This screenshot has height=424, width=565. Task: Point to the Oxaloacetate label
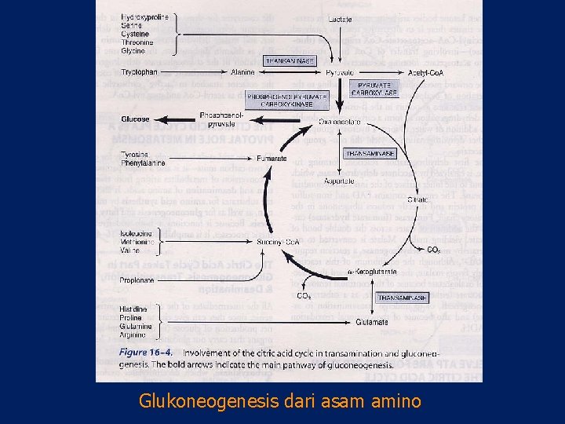tap(339, 122)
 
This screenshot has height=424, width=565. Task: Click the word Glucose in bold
tap(135, 119)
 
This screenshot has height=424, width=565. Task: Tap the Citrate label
tap(419, 200)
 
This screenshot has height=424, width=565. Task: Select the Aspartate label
tap(340, 181)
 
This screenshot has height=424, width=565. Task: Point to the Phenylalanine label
tap(143, 163)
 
